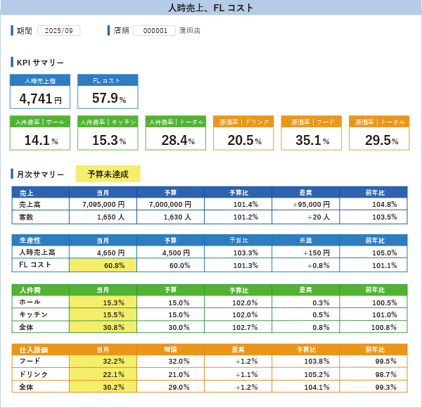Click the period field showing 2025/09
(58, 31)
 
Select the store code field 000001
(154, 31)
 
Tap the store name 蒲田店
(190, 31)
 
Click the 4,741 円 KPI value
(40, 98)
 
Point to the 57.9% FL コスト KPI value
(108, 98)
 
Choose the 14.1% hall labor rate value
(40, 140)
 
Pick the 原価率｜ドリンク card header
(243, 122)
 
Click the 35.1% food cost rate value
(311, 140)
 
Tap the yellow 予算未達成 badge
(108, 174)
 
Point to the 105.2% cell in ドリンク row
(306, 374)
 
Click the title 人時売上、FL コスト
(211, 8)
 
